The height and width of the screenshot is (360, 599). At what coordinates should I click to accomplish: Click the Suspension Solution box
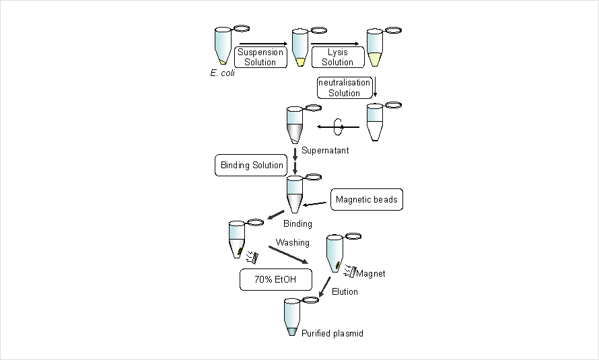tap(260, 57)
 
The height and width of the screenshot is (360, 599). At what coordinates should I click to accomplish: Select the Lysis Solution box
tap(337, 57)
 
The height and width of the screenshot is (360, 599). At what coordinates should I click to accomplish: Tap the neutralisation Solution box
tap(344, 87)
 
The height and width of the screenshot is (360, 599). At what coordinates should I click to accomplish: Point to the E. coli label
tap(222, 72)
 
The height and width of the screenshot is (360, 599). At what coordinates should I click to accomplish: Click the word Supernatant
tap(324, 150)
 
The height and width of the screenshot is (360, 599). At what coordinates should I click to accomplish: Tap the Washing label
tap(293, 242)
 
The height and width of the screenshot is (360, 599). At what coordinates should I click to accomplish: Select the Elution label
tap(345, 291)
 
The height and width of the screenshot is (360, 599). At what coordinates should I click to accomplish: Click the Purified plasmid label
tap(332, 333)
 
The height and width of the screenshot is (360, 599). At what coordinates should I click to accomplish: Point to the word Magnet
tap(371, 273)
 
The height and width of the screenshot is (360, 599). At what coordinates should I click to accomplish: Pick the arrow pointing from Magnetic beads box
tap(316, 204)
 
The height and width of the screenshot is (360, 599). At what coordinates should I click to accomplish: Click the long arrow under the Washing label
tap(286, 256)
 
